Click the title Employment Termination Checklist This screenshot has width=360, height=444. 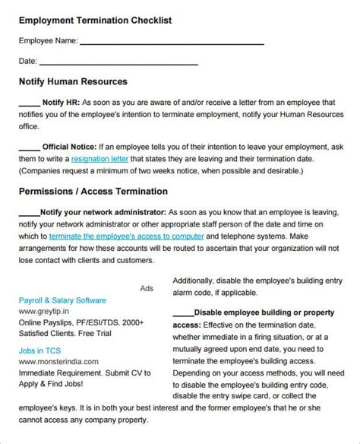point(95,21)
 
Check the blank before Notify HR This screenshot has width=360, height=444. point(28,103)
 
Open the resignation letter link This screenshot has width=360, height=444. point(99,160)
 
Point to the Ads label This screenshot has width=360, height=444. point(147,289)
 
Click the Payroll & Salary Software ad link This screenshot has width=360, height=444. point(62,300)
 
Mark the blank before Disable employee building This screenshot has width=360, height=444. point(183,312)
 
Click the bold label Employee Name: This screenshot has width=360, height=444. point(46,43)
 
